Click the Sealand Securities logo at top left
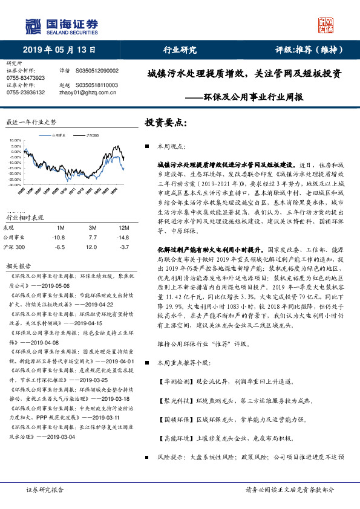[x=61, y=25]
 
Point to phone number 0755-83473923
[x=25, y=78]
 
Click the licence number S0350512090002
[x=97, y=71]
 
